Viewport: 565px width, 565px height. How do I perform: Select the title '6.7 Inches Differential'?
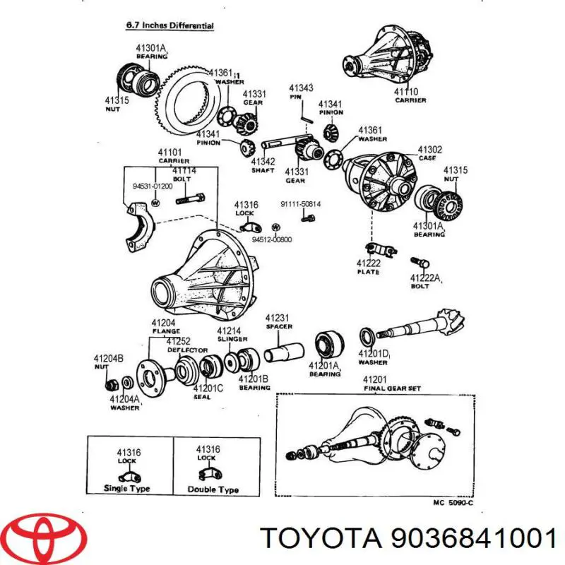[169, 26]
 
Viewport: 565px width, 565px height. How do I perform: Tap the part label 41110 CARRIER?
[410, 96]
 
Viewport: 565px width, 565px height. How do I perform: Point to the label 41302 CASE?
[429, 153]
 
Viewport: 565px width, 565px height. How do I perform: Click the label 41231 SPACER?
[278, 322]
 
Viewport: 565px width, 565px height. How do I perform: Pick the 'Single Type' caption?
[126, 488]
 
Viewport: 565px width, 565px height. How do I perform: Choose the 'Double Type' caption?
[213, 489]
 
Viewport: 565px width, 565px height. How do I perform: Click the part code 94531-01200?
[153, 186]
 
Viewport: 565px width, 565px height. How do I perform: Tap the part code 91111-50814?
[300, 205]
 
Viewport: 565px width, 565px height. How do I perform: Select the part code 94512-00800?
[271, 239]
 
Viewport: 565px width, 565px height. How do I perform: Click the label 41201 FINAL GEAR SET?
[388, 384]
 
